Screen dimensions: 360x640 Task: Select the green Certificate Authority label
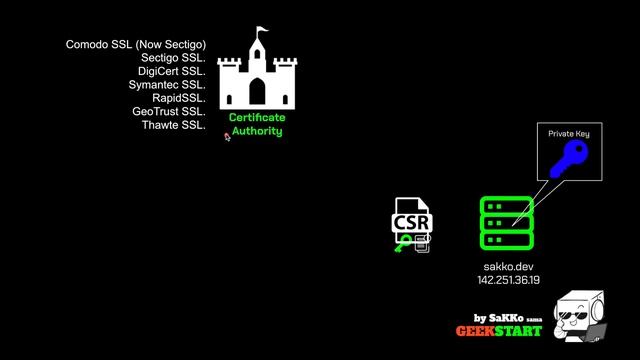tap(257, 124)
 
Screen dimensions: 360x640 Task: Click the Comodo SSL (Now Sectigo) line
tap(135, 44)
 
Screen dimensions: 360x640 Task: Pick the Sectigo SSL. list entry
tap(172, 58)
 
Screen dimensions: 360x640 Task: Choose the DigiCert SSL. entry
tap(170, 71)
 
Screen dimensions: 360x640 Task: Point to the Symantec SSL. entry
tap(167, 85)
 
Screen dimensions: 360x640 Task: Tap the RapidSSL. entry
tap(179, 98)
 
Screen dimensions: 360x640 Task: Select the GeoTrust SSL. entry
tap(169, 112)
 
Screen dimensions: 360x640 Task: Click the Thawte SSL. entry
tap(173, 125)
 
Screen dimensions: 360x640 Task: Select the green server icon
tap(507, 223)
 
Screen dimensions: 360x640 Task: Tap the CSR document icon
tap(412, 225)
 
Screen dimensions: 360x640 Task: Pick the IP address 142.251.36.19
tap(507, 281)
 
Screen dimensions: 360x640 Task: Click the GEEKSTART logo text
tap(499, 331)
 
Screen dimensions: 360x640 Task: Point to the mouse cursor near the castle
tap(227, 137)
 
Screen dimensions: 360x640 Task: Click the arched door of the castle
tap(257, 93)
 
